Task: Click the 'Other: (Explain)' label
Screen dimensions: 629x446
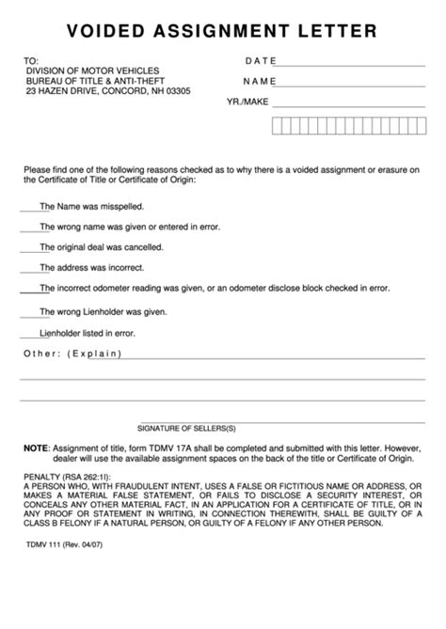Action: pyautogui.click(x=72, y=354)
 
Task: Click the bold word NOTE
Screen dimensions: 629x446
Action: pyautogui.click(x=35, y=448)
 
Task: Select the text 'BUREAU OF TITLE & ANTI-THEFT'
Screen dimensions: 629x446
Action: pyautogui.click(x=93, y=81)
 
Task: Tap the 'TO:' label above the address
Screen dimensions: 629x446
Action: pyautogui.click(x=31, y=61)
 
